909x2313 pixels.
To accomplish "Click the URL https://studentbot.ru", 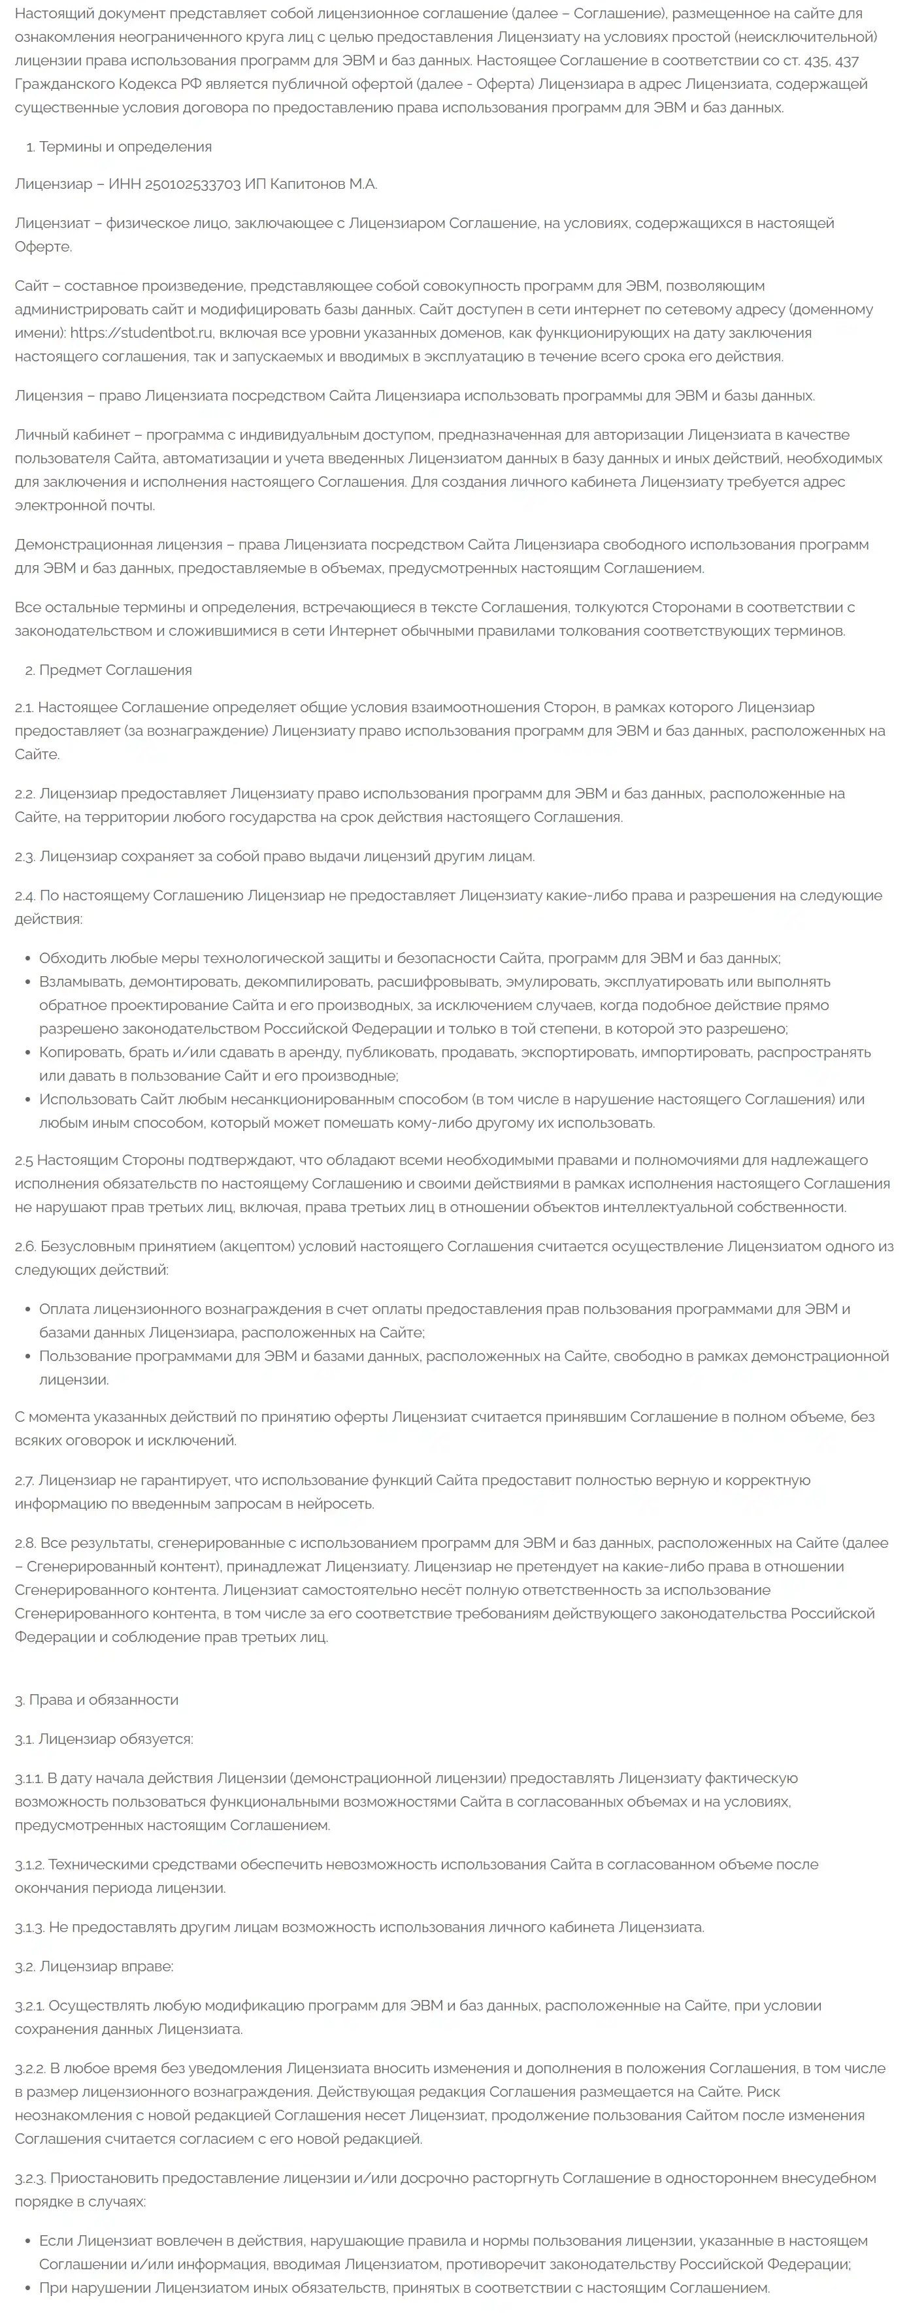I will pos(141,333).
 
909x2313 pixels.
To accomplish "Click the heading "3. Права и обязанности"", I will pos(96,1699).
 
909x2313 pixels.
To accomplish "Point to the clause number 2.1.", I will pos(24,708).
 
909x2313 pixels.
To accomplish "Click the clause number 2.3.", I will pos(24,857).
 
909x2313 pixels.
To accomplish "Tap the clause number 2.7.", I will pos(24,1480).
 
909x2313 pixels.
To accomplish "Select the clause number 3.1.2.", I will pos(29,1864).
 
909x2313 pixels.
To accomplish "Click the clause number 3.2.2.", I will pos(29,2068).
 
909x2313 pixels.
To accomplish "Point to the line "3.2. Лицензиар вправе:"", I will pos(94,1967).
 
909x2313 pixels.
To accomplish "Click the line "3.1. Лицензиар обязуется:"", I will pos(103,1739).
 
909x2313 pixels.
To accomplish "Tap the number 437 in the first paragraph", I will pos(846,61).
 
